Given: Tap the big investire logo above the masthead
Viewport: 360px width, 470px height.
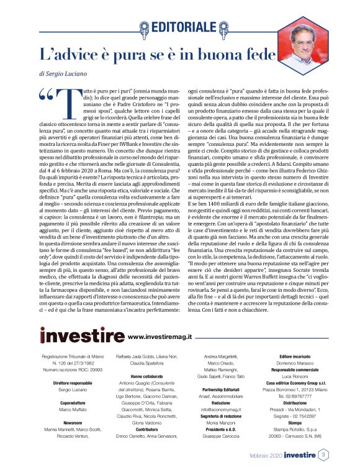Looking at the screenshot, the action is (x=82, y=336).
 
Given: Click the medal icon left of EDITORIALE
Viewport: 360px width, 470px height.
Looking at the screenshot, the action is (x=144, y=27).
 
